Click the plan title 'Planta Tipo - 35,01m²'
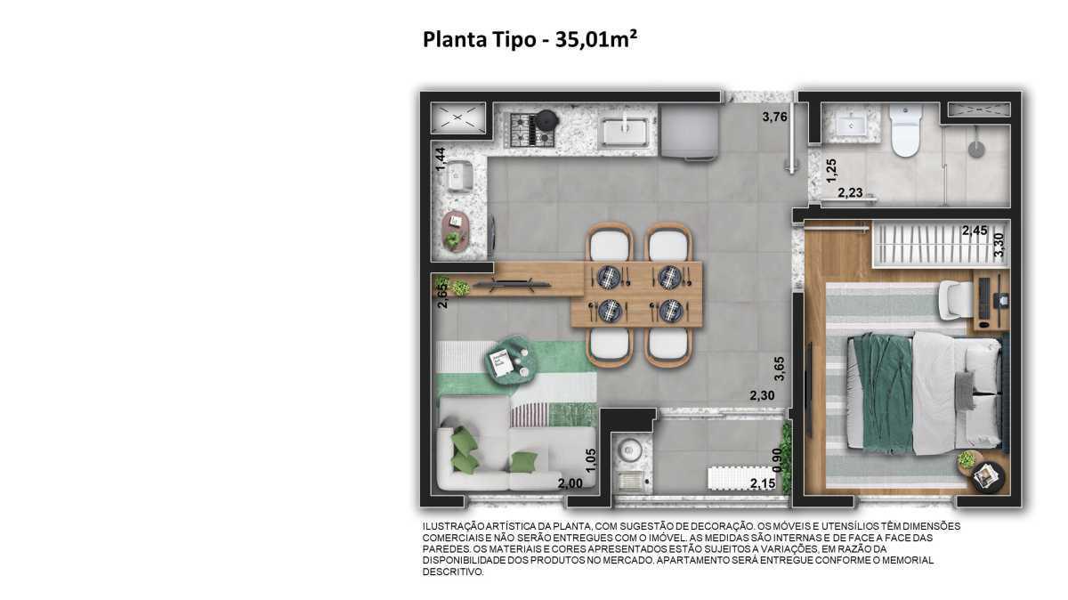[x=530, y=40]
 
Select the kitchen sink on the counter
[x=627, y=131]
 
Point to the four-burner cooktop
[x=532, y=129]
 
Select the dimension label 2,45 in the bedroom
[x=975, y=231]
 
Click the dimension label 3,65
[x=779, y=368]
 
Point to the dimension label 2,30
[x=762, y=396]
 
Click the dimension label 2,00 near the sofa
[x=570, y=483]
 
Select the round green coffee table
[x=510, y=361]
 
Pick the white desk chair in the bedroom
[x=955, y=298]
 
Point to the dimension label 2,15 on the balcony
[x=763, y=484]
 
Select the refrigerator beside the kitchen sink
[x=688, y=133]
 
